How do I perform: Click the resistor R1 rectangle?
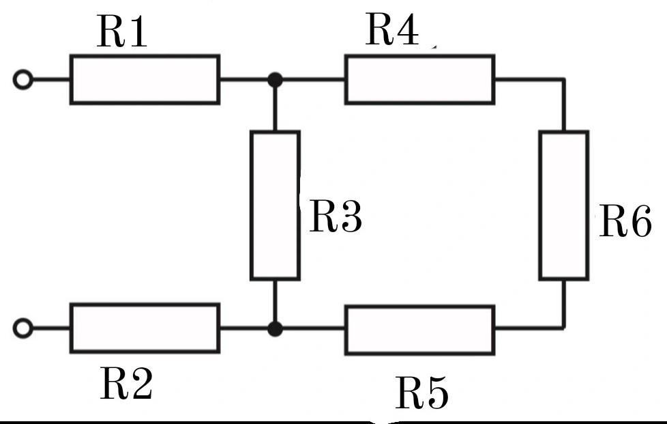[145, 80]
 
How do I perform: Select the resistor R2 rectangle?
[145, 328]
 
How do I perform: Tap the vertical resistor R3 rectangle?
[275, 205]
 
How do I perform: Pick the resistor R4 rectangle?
[419, 80]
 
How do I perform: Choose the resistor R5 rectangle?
[419, 330]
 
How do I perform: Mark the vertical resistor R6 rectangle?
[564, 205]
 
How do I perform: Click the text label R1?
[122, 32]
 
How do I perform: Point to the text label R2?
[126, 384]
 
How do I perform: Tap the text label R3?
[335, 217]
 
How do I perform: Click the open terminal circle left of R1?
[23, 80]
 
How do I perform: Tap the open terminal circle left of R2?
[23, 328]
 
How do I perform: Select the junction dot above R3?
[275, 80]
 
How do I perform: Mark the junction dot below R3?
[275, 329]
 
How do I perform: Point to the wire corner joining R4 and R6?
[564, 80]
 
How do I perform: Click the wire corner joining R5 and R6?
[564, 328]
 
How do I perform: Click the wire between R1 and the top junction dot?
[246, 80]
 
